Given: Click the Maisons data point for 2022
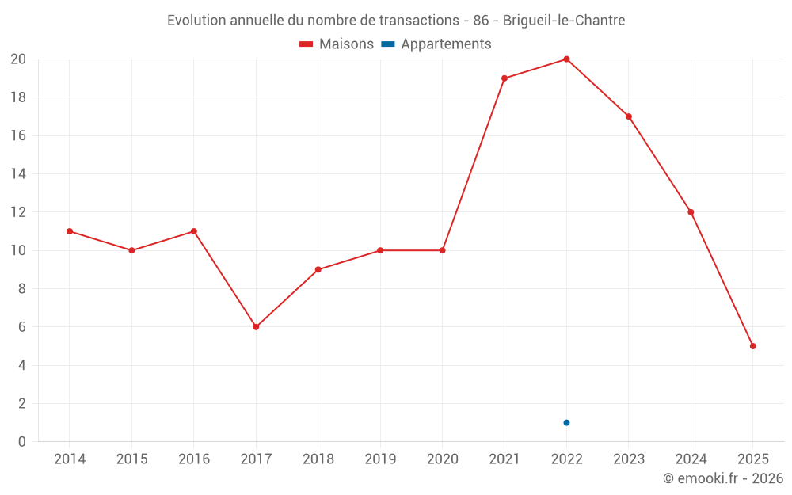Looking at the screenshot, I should tap(566, 59).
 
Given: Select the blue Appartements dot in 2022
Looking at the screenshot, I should tap(566, 422).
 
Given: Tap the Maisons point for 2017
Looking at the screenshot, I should tap(256, 327).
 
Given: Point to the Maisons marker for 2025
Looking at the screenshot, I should tap(752, 346).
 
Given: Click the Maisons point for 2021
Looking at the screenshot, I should tap(505, 78).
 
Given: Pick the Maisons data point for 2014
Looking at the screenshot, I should tap(70, 231).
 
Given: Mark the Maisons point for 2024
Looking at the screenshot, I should tap(691, 212).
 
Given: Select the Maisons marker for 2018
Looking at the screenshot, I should tap(318, 269).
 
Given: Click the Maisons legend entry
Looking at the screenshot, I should tap(337, 44).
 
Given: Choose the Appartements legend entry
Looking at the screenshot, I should tap(436, 44).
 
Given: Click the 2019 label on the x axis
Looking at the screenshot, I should tap(380, 459).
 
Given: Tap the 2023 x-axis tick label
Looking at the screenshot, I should tap(629, 459).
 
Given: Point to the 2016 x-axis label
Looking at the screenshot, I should tap(194, 459).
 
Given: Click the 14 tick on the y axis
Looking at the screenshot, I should tap(18, 174).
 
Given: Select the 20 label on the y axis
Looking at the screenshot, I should tap(18, 59).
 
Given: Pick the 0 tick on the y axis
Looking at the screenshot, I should tap(22, 442).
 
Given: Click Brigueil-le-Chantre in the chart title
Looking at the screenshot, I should tap(564, 21).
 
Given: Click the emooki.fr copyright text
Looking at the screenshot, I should tap(723, 478).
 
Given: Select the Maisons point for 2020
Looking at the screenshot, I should tap(442, 250).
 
